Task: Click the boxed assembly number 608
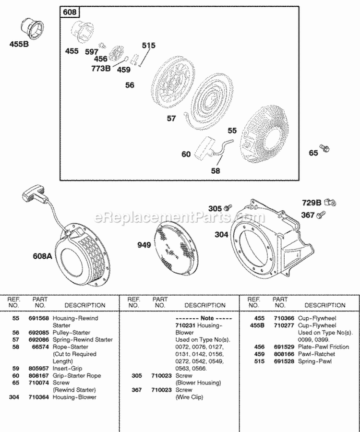coord(70,12)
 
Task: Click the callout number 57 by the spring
coord(171,118)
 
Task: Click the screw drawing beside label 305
coord(229,207)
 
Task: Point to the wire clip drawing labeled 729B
coord(329,202)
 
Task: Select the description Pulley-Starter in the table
coord(72,333)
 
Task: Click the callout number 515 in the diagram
coord(149,46)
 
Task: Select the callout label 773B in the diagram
coord(101,68)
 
